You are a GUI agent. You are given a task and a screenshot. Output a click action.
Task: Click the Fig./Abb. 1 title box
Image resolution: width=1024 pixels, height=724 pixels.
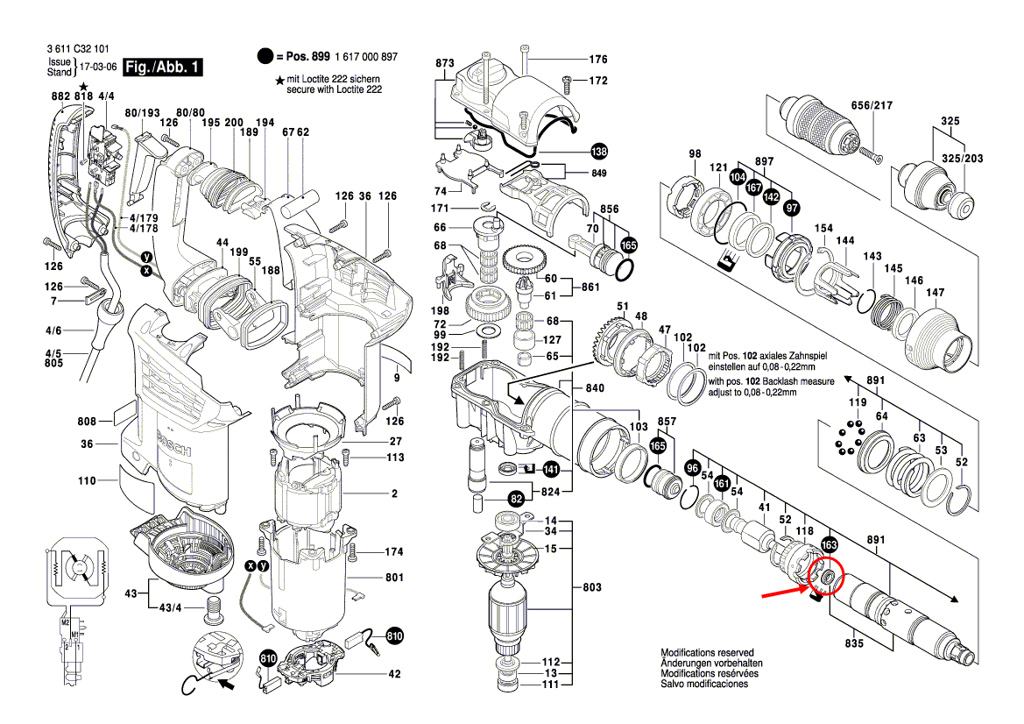tap(164, 67)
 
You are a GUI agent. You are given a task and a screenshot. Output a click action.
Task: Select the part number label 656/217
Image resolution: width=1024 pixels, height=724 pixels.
tap(871, 106)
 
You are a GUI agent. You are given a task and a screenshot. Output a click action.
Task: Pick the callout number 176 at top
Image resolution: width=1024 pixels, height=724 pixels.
tap(597, 60)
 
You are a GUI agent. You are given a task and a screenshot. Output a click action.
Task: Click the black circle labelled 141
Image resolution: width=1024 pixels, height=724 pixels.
tap(550, 470)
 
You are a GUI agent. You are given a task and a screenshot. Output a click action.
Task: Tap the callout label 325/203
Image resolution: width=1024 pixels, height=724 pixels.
tap(961, 159)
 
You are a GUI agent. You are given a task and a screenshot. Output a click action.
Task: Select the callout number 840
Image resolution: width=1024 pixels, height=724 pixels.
tap(596, 387)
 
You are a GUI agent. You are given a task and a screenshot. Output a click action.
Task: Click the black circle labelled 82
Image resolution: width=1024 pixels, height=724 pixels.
tap(517, 499)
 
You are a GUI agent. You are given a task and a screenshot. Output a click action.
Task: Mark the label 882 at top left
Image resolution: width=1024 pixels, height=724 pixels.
tap(60, 95)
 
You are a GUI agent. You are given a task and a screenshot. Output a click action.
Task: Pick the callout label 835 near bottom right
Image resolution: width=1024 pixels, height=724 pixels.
tap(855, 643)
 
